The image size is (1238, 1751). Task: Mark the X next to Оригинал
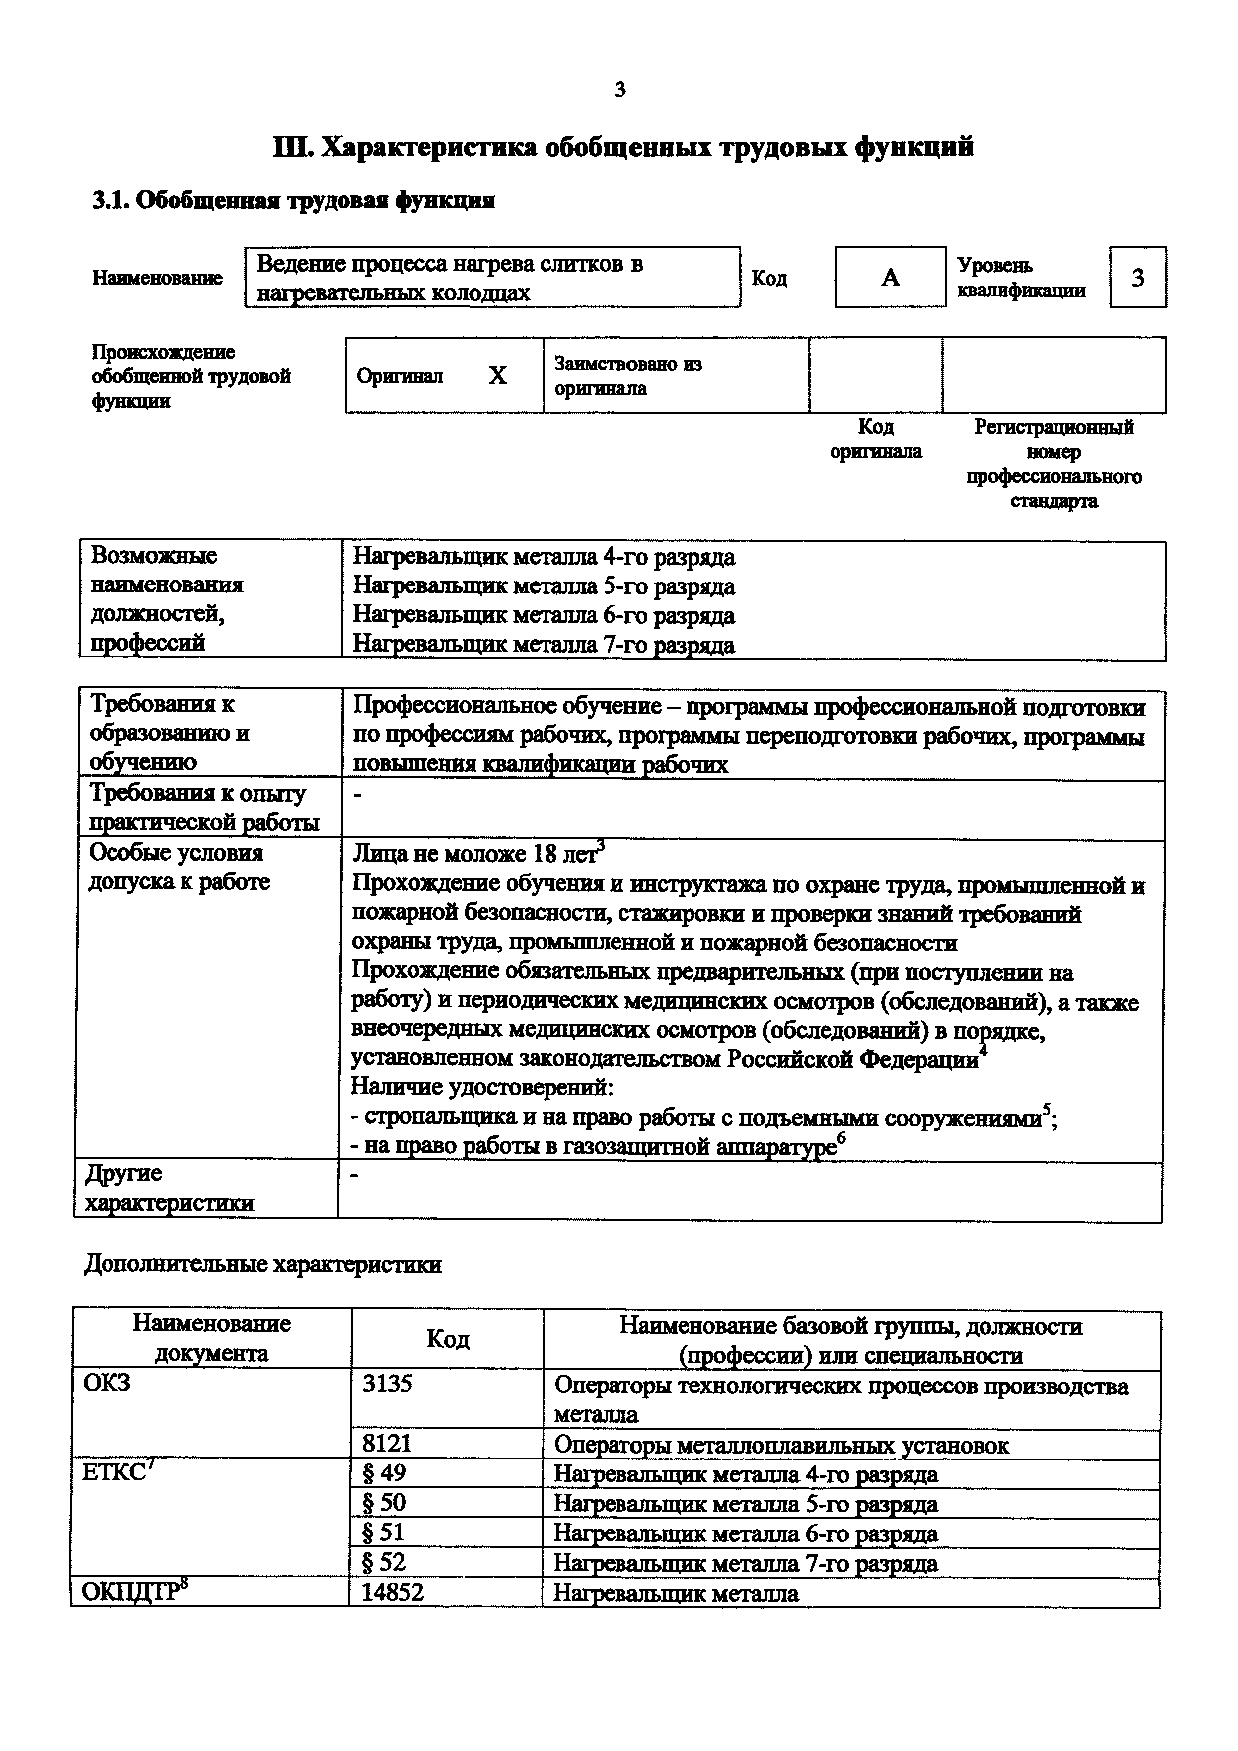497,376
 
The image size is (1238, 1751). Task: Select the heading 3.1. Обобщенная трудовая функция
294,201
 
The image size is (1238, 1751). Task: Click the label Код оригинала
875,439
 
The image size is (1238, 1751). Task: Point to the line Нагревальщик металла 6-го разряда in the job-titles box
543,615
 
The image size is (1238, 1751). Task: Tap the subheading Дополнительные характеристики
263,1264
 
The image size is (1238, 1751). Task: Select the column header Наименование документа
211,1338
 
